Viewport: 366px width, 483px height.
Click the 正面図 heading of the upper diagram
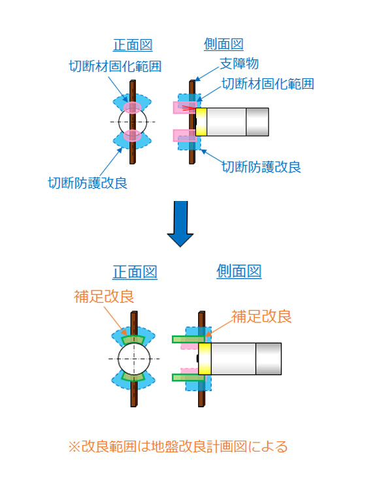coord(133,45)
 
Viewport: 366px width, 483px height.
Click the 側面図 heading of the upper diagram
coord(224,44)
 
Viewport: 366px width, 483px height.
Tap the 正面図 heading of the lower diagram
coord(135,272)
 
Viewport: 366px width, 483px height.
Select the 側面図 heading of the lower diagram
coord(239,272)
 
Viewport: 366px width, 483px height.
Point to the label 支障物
coord(239,64)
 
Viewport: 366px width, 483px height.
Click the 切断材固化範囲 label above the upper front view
coord(115,66)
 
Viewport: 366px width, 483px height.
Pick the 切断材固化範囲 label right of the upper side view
coord(268,84)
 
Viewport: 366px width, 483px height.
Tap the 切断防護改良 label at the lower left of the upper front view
coord(88,183)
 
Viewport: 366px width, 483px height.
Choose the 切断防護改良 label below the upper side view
coord(261,167)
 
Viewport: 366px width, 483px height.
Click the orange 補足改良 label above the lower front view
coord(104,296)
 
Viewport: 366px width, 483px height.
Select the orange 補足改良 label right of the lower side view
coord(261,317)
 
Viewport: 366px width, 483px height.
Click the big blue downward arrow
coord(180,224)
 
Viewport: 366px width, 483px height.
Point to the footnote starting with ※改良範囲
coord(178,446)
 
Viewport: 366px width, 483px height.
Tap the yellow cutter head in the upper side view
coord(201,122)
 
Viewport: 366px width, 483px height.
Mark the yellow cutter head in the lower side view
coord(205,359)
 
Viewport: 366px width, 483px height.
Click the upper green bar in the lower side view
coord(188,339)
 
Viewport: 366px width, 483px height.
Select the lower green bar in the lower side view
coord(188,378)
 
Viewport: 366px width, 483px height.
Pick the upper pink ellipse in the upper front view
coord(133,107)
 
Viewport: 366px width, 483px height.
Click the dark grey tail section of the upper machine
coord(257,122)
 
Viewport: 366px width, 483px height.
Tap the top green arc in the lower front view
coord(133,339)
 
